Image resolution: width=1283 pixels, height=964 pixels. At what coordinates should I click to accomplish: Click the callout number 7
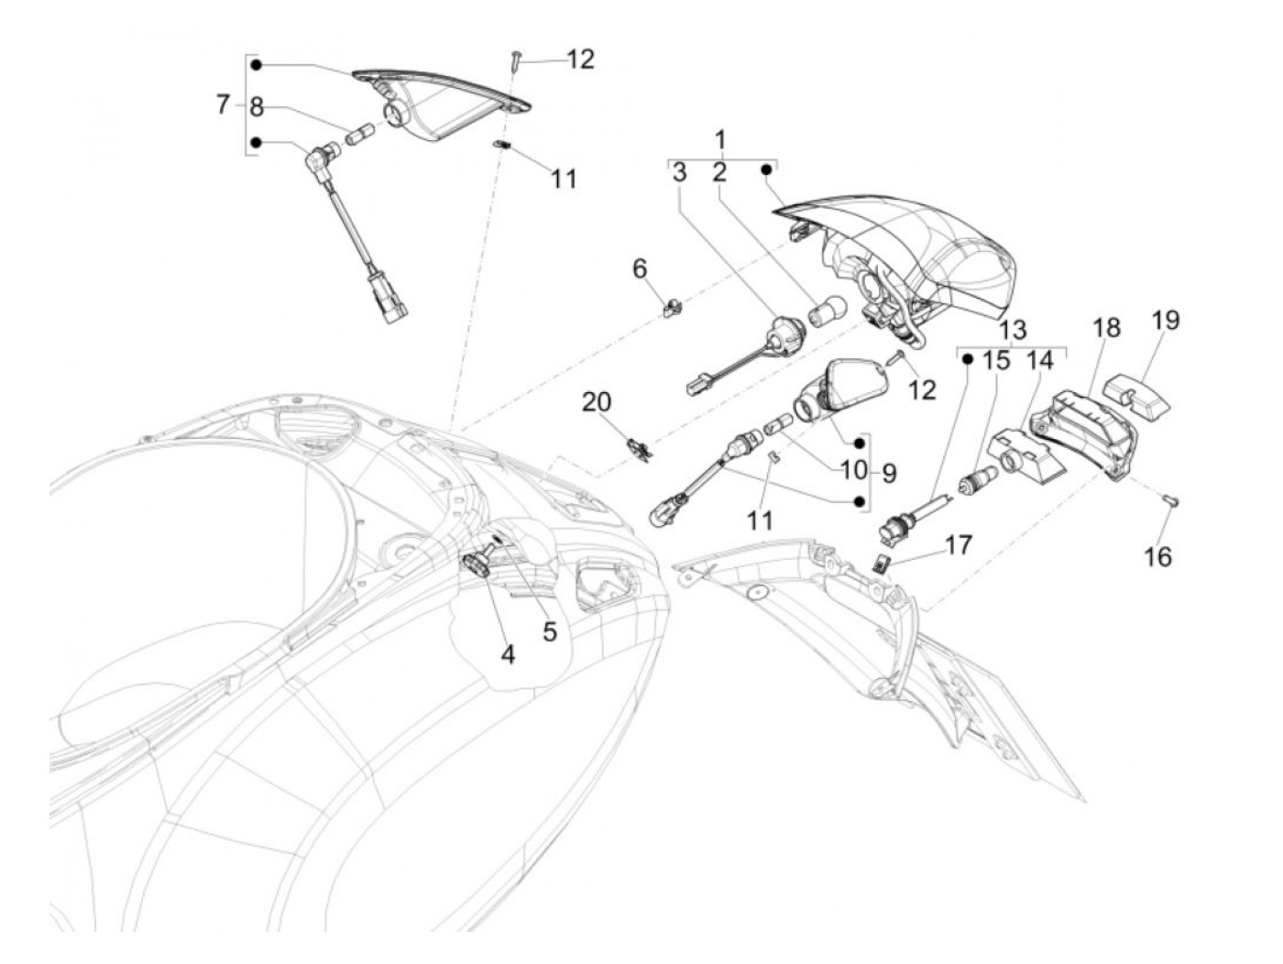(x=223, y=104)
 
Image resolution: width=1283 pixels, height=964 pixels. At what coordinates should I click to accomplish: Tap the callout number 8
(x=257, y=107)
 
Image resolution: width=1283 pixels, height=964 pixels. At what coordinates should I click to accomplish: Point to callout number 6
(x=640, y=268)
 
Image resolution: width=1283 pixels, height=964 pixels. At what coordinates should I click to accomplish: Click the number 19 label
(x=1166, y=321)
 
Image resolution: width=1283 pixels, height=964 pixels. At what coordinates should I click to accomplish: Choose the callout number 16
(x=1158, y=555)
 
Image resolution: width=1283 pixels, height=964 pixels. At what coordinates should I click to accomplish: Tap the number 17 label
(x=959, y=545)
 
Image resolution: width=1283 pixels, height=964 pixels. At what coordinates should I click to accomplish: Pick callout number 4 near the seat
(x=508, y=653)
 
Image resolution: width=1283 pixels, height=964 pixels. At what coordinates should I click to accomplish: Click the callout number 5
(x=550, y=631)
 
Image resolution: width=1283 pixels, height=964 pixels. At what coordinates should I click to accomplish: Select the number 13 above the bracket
(x=1013, y=331)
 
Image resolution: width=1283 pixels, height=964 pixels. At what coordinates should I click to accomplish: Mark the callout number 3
(x=679, y=171)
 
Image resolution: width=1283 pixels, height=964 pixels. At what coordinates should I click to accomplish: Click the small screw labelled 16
(x=1172, y=500)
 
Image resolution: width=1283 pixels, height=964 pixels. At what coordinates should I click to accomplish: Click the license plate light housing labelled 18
(x=1085, y=431)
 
